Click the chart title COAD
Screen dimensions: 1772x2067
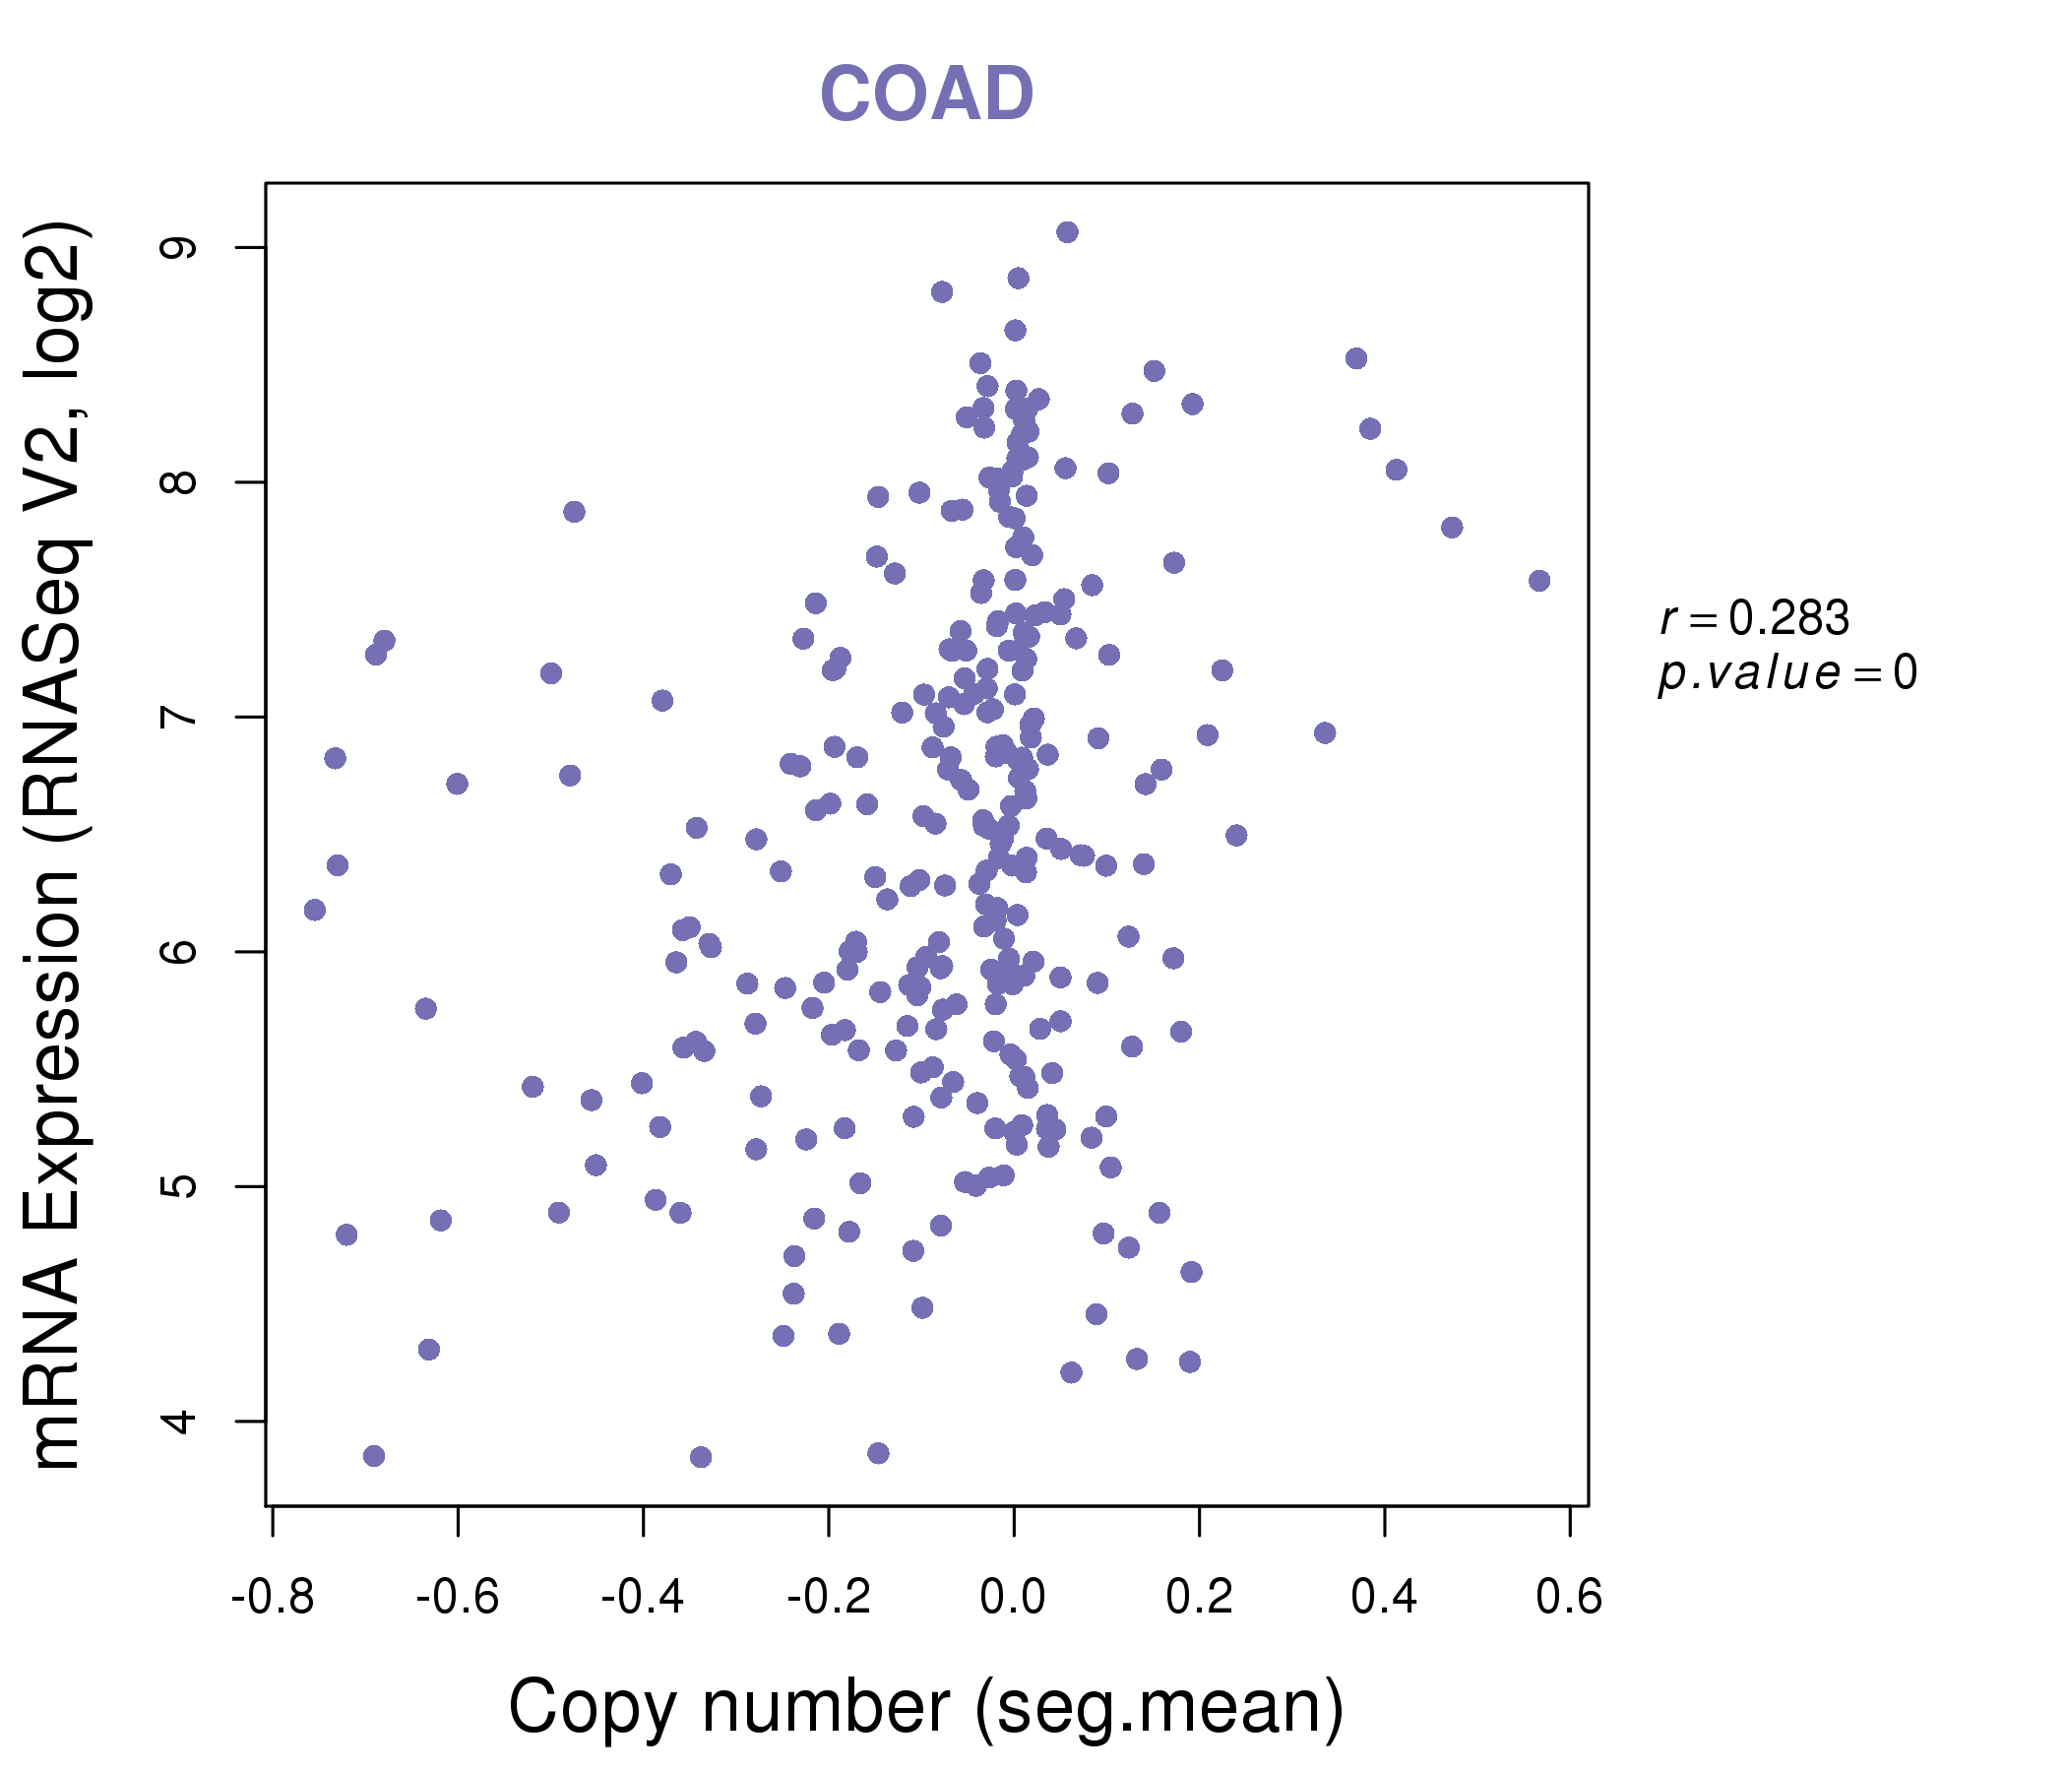[x=926, y=94]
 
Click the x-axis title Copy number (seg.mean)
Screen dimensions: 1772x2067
[x=926, y=1707]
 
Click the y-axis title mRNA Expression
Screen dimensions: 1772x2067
[x=58, y=845]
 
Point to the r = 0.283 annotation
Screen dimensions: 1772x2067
[x=1754, y=618]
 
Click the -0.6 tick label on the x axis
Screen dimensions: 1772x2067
[x=457, y=1598]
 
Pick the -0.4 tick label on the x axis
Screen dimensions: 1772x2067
[x=643, y=1598]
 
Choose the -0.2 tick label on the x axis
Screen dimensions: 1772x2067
[x=828, y=1598]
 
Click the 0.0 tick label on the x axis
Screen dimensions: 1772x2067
[x=1014, y=1598]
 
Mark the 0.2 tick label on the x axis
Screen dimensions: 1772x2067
[x=1199, y=1598]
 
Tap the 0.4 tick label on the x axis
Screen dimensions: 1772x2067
[x=1385, y=1598]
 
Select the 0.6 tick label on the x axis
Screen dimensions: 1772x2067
[x=1569, y=1598]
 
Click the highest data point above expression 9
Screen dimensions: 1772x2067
[x=1067, y=232]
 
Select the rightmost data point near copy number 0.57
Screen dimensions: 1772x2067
[x=1539, y=581]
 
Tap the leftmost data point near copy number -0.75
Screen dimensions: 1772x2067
[x=314, y=910]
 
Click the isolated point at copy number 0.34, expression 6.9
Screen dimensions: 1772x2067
[x=1325, y=733]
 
